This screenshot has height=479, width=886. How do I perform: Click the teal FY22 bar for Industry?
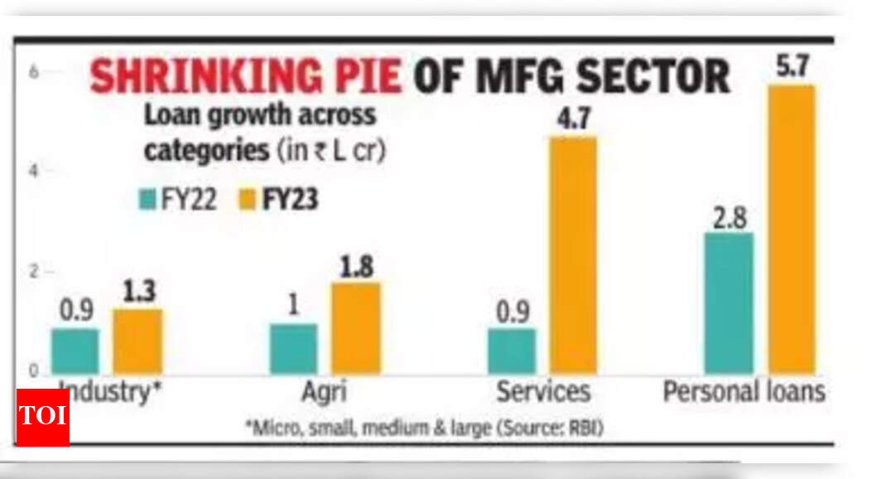(x=75, y=351)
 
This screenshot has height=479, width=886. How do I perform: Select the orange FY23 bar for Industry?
(x=137, y=341)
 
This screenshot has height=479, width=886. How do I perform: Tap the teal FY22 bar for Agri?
(x=293, y=348)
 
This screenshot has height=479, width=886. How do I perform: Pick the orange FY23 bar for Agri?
(x=356, y=328)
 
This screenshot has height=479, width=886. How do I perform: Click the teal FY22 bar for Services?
(x=511, y=351)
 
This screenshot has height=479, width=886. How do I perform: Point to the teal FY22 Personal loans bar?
(x=729, y=303)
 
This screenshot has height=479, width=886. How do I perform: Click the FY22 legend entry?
(x=178, y=201)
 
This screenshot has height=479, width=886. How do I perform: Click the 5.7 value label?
(x=792, y=67)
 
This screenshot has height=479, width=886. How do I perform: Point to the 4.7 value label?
(x=573, y=119)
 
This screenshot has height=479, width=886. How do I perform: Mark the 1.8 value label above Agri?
(x=356, y=268)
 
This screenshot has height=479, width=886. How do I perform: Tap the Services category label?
(x=542, y=391)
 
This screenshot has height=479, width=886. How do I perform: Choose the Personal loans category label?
(x=744, y=391)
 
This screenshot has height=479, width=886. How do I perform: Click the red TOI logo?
(x=42, y=417)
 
